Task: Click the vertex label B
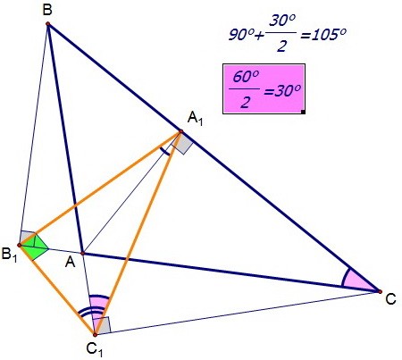point(47,10)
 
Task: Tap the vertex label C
point(390,299)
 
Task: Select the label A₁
point(195,120)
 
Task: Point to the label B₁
point(9,255)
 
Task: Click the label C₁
point(95,348)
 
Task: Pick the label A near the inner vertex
point(70,263)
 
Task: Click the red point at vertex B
point(47,23)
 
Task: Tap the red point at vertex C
point(380,291)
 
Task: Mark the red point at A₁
point(180,131)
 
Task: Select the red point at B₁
point(20,245)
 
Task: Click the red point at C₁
point(95,335)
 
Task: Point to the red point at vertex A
point(83,254)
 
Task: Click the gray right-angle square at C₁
point(104,325)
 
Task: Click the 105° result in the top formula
point(323,35)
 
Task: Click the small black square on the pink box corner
point(303,112)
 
